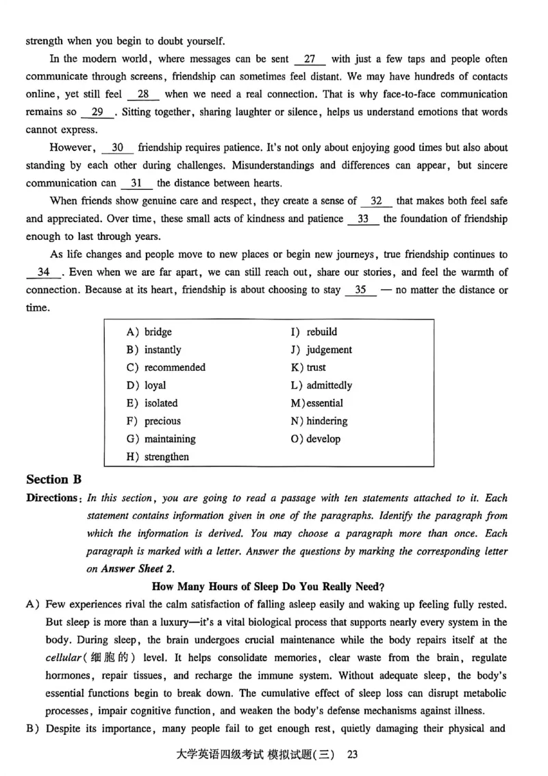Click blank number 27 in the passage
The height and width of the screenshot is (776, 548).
(310, 59)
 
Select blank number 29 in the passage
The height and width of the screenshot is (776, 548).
(97, 112)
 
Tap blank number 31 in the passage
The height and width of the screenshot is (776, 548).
(136, 183)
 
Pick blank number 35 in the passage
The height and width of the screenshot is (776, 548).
(361, 290)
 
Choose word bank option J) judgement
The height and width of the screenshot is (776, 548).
(321, 350)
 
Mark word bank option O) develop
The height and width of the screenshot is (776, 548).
(316, 439)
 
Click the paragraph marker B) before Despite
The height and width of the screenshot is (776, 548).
(33, 728)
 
